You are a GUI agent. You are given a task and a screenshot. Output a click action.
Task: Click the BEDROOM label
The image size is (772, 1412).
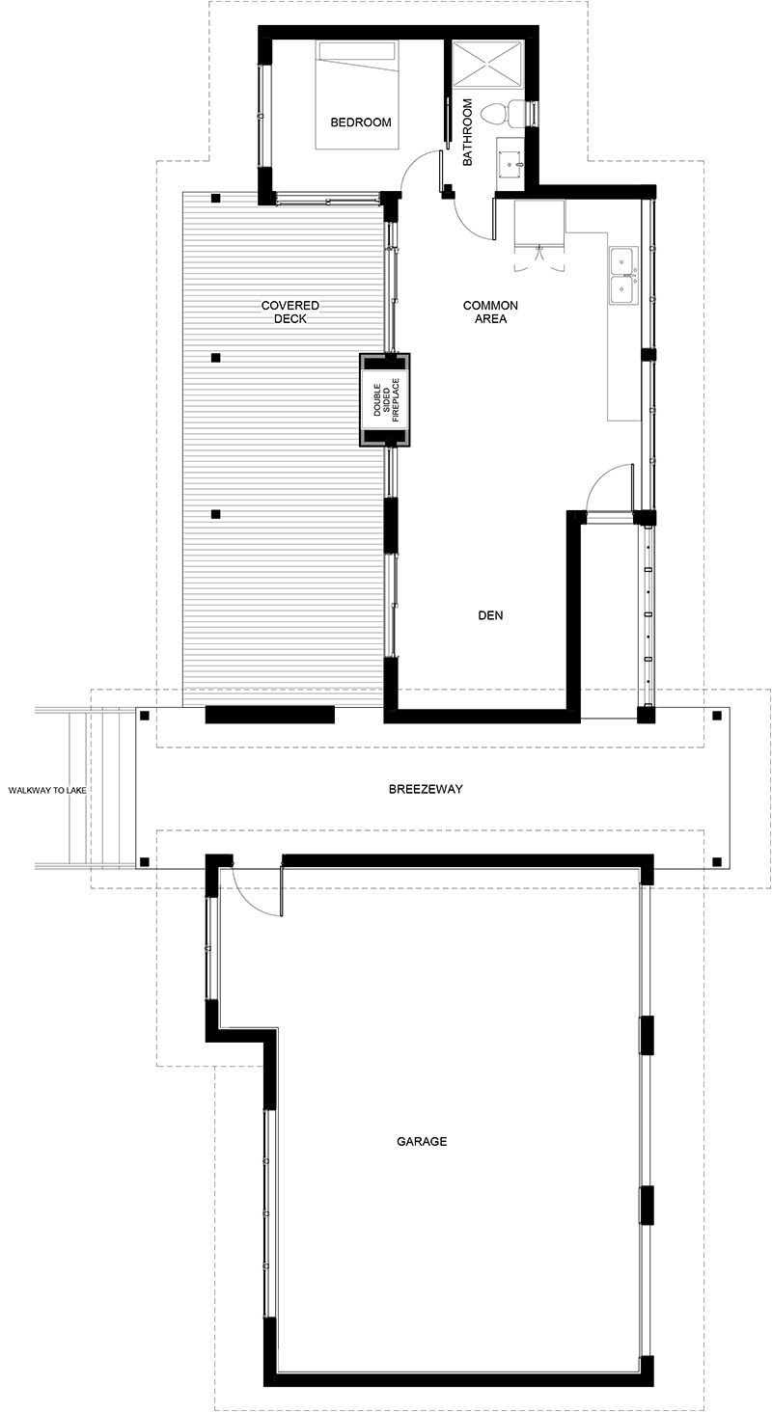pyautogui.click(x=361, y=122)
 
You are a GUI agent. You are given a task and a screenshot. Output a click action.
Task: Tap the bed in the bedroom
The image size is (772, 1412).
pyautogui.click(x=358, y=95)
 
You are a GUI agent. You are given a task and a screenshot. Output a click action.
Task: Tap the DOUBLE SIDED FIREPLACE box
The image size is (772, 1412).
pyautogui.click(x=385, y=400)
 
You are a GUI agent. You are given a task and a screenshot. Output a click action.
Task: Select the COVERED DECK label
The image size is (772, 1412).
pyautogui.click(x=290, y=312)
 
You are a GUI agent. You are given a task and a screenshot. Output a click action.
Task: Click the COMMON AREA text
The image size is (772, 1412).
pyautogui.click(x=490, y=312)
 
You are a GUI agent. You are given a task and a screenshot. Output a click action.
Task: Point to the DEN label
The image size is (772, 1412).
pyautogui.click(x=490, y=615)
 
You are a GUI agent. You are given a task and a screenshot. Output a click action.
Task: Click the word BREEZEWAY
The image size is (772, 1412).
pyautogui.click(x=426, y=789)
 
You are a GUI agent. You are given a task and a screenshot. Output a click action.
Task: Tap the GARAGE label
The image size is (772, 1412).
pyautogui.click(x=422, y=1141)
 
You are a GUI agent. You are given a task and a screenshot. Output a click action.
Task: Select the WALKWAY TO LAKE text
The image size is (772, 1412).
pyautogui.click(x=47, y=790)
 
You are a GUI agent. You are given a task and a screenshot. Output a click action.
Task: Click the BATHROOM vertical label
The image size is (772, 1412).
pyautogui.click(x=467, y=132)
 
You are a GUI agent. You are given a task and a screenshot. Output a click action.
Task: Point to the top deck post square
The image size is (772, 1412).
pyautogui.click(x=216, y=198)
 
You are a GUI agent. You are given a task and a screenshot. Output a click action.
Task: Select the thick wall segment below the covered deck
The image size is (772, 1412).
pyautogui.click(x=269, y=714)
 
